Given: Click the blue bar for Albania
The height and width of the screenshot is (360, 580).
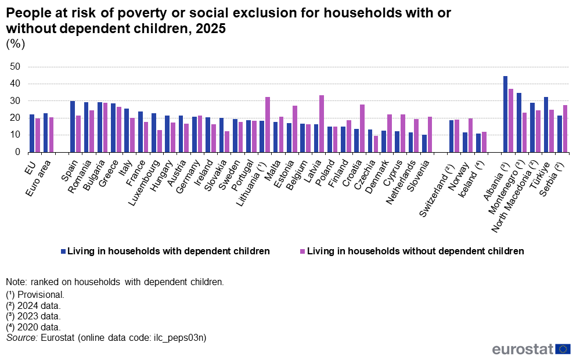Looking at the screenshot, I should point(505,114).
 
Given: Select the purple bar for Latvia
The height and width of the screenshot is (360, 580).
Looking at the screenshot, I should point(322,123).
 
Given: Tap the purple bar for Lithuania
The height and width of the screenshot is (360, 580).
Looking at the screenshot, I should point(268,124).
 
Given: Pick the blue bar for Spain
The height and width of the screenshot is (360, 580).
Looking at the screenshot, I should point(73,126).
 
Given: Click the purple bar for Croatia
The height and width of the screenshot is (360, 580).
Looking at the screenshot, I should point(362,128).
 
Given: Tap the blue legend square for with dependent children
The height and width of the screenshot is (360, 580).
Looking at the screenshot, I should point(63,251).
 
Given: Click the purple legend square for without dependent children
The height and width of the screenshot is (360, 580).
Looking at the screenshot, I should point(302,251).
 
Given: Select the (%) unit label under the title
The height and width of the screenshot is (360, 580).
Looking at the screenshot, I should point(16,44).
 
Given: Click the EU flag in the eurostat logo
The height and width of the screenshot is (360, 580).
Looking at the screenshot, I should point(563,349).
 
